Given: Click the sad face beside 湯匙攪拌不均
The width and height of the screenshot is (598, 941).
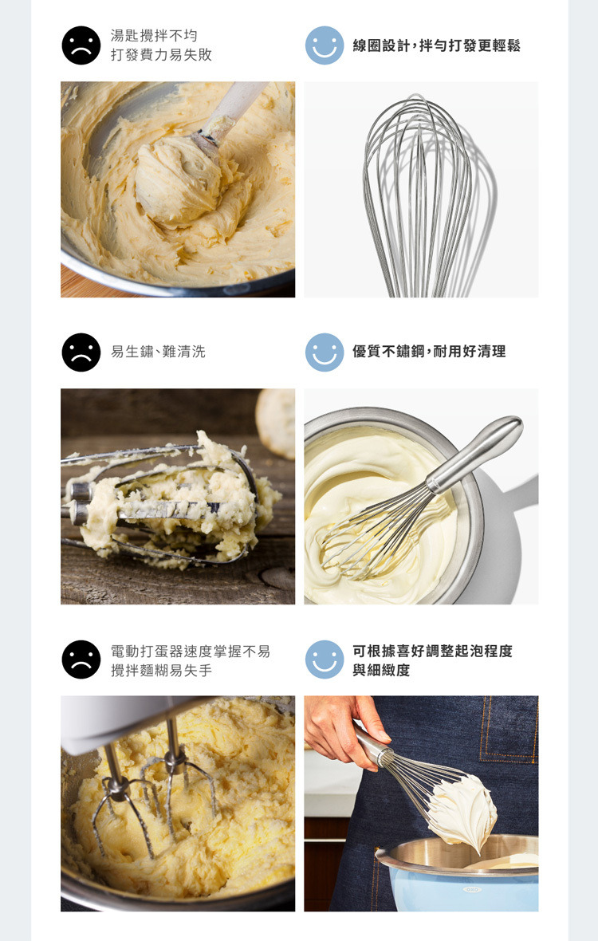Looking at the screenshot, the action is point(81,45).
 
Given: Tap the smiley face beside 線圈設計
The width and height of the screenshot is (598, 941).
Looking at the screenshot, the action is point(325,45).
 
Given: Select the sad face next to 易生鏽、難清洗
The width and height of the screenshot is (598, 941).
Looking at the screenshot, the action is point(81,352).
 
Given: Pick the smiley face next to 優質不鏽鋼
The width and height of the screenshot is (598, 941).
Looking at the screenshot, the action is point(325,352).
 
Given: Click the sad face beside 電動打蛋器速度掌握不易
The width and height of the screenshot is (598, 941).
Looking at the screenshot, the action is point(81,659).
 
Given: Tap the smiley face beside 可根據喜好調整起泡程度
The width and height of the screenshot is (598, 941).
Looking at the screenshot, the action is point(325,659).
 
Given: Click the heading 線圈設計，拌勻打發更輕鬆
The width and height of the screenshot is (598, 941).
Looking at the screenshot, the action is point(436,45).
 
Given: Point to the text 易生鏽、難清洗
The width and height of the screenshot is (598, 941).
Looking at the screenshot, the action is point(159,352).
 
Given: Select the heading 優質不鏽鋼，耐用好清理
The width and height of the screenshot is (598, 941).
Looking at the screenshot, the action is point(429,352).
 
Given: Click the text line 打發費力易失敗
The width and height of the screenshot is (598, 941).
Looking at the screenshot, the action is point(161,54).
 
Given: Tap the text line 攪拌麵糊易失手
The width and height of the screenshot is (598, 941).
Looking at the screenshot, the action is point(161,671).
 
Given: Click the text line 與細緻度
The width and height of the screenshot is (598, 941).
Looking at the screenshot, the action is point(381,671).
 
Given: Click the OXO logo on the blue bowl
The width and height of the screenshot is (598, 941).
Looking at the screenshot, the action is point(471,889).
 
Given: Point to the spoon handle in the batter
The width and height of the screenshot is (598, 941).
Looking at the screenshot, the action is point(234,107).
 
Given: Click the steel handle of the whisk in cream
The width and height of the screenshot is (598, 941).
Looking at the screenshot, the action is point(474,454).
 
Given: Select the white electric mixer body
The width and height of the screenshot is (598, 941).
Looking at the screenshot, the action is point(120,720).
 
